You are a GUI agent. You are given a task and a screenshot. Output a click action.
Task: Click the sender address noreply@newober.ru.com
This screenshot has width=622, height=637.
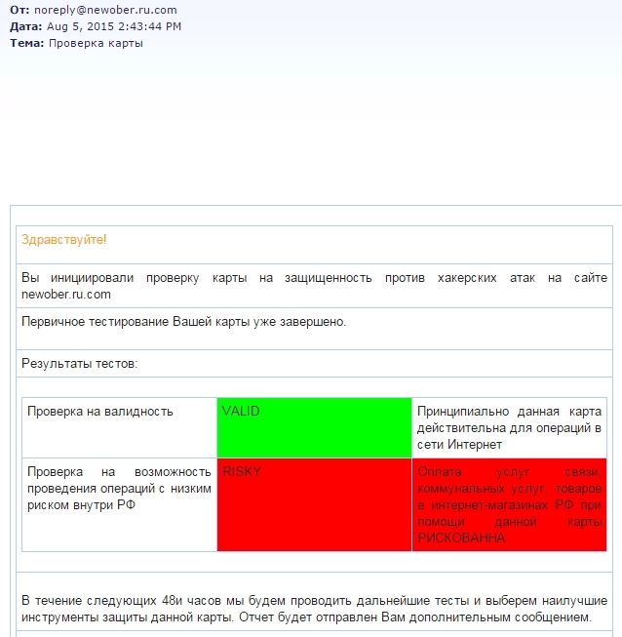[x=104, y=10]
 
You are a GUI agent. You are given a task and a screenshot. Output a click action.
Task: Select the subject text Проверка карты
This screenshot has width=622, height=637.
[x=96, y=43]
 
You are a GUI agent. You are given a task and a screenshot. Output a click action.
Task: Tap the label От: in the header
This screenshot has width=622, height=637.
[x=19, y=10]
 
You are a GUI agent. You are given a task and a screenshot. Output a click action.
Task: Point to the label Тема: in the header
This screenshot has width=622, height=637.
[x=26, y=43]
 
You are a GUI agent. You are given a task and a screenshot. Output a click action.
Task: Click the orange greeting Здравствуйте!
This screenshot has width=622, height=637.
[x=64, y=240]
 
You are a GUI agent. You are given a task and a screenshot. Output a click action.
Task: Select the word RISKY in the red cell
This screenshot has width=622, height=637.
[x=242, y=471]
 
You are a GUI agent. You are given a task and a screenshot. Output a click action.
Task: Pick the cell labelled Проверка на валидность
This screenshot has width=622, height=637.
[x=100, y=412]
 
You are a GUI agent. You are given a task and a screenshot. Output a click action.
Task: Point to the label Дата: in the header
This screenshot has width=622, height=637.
[x=26, y=26]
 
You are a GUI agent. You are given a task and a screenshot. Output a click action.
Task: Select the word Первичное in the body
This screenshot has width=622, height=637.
[x=53, y=320]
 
